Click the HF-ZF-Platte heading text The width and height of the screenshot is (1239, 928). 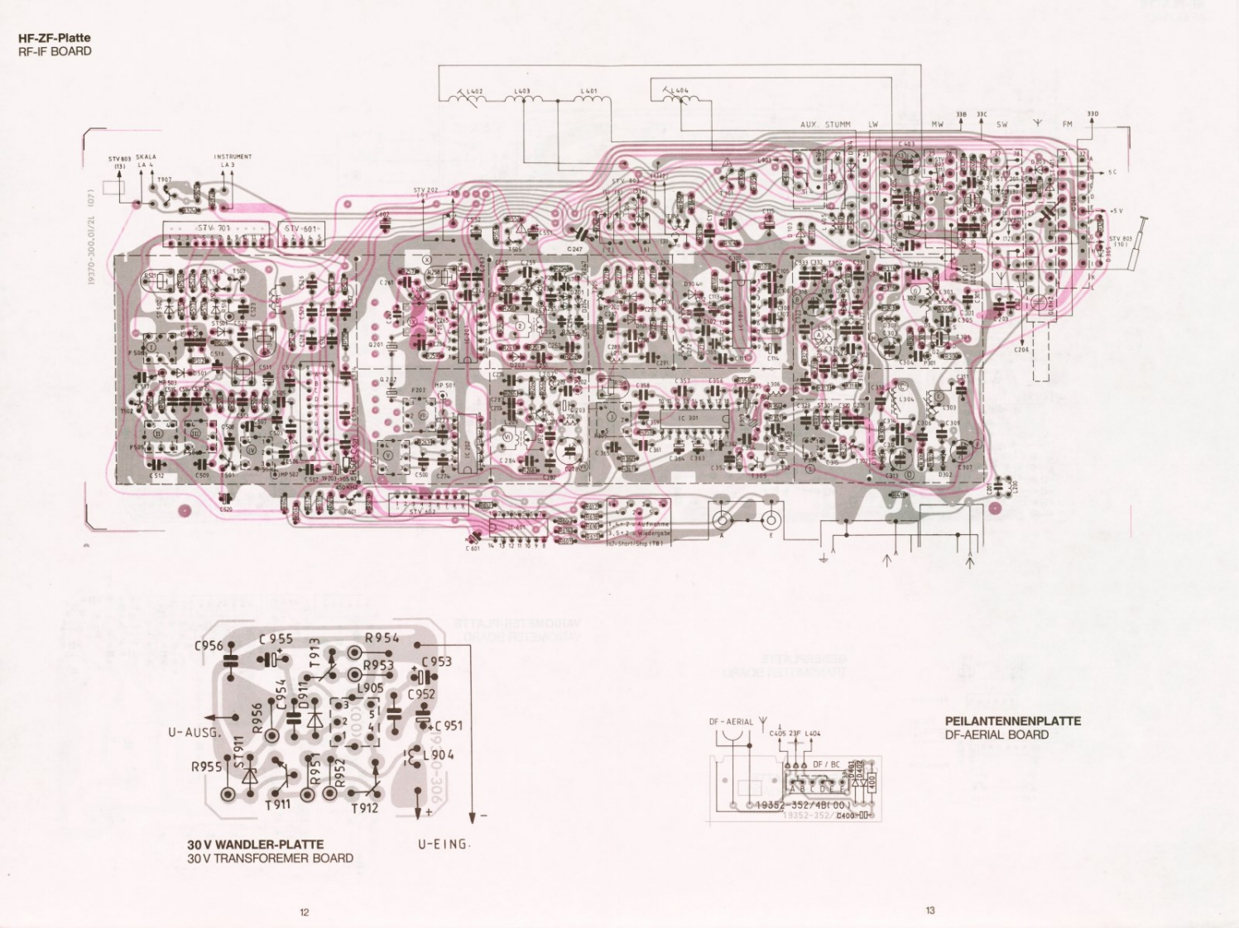click(54, 37)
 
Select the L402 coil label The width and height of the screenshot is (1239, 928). click(476, 92)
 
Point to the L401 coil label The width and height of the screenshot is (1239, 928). click(588, 91)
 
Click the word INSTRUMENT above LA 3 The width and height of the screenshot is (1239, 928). click(233, 156)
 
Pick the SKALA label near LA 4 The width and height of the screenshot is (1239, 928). click(146, 156)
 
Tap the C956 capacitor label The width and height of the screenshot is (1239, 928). click(209, 645)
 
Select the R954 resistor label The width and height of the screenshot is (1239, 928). click(382, 638)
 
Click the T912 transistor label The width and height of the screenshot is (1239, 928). click(364, 807)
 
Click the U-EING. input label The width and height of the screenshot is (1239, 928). click(444, 844)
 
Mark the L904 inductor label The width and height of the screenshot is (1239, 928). click(438, 754)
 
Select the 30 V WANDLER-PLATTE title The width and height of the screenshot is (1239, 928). click(256, 845)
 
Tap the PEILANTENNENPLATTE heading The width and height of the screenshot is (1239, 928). click(1012, 720)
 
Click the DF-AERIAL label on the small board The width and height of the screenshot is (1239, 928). click(731, 721)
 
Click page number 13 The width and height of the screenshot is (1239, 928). click(930, 911)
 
